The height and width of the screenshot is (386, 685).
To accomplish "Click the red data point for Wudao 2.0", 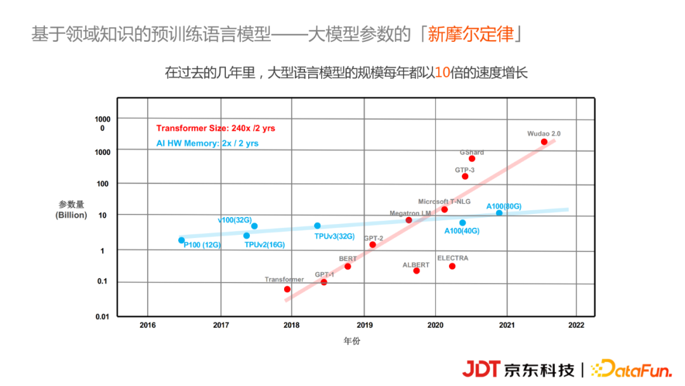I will pyautogui.click(x=544, y=142).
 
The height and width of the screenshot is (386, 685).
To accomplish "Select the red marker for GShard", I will pyautogui.click(x=472, y=159).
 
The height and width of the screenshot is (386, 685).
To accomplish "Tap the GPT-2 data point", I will pyautogui.click(x=372, y=244).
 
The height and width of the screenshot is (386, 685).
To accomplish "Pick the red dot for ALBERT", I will pyautogui.click(x=416, y=271).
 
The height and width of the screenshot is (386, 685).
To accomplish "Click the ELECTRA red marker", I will pyautogui.click(x=452, y=266).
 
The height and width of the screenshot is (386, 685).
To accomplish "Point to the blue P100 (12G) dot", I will pyautogui.click(x=181, y=240).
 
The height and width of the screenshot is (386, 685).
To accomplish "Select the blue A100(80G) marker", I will pyautogui.click(x=499, y=213).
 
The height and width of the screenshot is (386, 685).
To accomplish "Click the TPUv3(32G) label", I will pyautogui.click(x=334, y=236).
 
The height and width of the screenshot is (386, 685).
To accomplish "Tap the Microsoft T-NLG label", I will pyautogui.click(x=444, y=202).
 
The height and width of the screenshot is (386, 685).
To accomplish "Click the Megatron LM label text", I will pyautogui.click(x=410, y=213).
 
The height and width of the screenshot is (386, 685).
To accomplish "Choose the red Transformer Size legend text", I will pyautogui.click(x=216, y=128).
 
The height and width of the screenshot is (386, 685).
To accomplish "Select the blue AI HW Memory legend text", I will pyautogui.click(x=207, y=143).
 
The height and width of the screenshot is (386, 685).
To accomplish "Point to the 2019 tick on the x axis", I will pyautogui.click(x=363, y=325).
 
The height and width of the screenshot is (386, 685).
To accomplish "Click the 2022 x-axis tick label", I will pyautogui.click(x=576, y=325).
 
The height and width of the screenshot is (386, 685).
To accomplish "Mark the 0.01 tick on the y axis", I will pyautogui.click(x=102, y=316).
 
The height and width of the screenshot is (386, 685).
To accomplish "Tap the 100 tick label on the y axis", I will pyautogui.click(x=103, y=183).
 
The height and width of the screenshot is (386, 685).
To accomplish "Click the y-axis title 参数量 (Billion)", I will pyautogui.click(x=71, y=210).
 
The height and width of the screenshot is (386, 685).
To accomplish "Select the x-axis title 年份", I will pyautogui.click(x=352, y=341).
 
